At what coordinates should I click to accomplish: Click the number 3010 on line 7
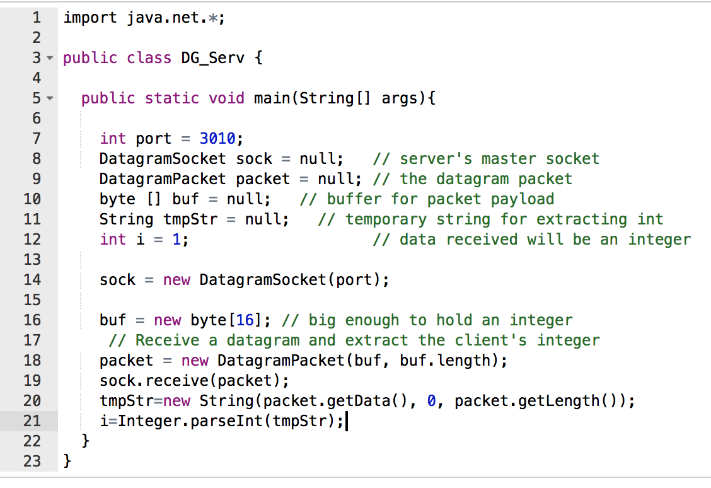[x=217, y=138]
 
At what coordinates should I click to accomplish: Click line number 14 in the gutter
[x=32, y=279]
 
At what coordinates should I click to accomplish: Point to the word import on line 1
[x=90, y=18]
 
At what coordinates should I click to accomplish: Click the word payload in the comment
[x=523, y=199]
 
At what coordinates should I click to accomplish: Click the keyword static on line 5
[x=171, y=98]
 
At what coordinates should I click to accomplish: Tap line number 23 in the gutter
[x=32, y=461]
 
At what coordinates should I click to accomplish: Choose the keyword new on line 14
[x=176, y=279]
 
